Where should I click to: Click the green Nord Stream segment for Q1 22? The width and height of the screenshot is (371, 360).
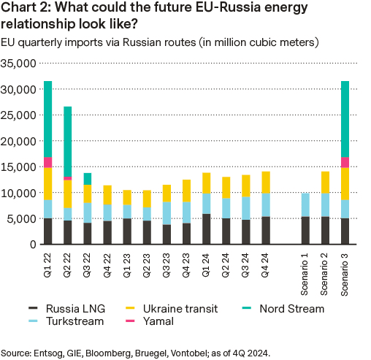pos(47,119)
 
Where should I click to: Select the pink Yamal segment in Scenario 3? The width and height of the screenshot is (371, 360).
pos(345,162)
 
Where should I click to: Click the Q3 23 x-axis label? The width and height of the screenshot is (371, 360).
pos(167,259)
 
